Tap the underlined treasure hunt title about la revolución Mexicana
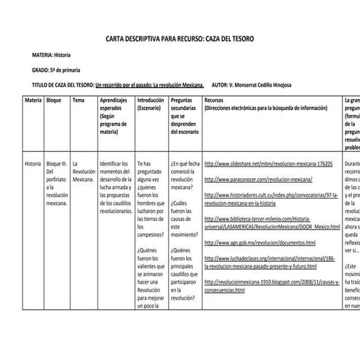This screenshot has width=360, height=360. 150,84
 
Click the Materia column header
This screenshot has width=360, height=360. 33,99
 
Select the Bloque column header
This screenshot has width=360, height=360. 54,99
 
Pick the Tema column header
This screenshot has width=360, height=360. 79,99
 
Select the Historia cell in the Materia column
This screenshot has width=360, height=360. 33,164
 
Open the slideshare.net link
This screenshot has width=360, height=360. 268,164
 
